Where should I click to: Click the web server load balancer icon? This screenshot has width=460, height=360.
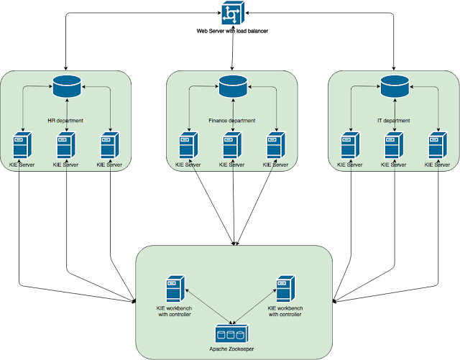coord(233,13)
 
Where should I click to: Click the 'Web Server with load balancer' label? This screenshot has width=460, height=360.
coord(232,31)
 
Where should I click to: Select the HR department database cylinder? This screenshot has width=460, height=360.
coord(67,86)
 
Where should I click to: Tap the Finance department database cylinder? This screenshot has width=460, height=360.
coord(233,86)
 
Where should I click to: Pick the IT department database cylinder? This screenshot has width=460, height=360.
coord(395,86)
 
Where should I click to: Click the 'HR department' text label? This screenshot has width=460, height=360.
coord(65,121)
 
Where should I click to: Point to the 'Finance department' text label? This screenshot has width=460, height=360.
coord(231,121)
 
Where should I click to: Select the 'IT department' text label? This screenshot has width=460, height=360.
coord(393,121)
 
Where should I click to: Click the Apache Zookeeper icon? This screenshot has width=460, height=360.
coord(232,333)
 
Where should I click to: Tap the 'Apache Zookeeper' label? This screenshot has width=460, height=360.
coord(231,349)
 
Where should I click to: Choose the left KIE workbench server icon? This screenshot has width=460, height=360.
coord(175,289)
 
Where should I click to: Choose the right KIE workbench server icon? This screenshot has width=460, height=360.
coord(285,289)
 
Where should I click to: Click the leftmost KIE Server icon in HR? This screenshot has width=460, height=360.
coord(22,146)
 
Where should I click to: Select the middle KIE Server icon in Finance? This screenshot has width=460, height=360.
coord(232,146)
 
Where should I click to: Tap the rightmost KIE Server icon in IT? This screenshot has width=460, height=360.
coord(438,146)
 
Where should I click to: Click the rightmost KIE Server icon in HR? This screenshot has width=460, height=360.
coord(110,146)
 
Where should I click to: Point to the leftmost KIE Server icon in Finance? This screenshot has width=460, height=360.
coord(188,146)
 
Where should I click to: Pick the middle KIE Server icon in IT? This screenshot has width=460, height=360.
coord(394,146)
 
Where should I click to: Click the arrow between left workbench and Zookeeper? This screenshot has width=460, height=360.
coord(208,306)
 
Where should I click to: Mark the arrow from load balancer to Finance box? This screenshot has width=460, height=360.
coord(232,48)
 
